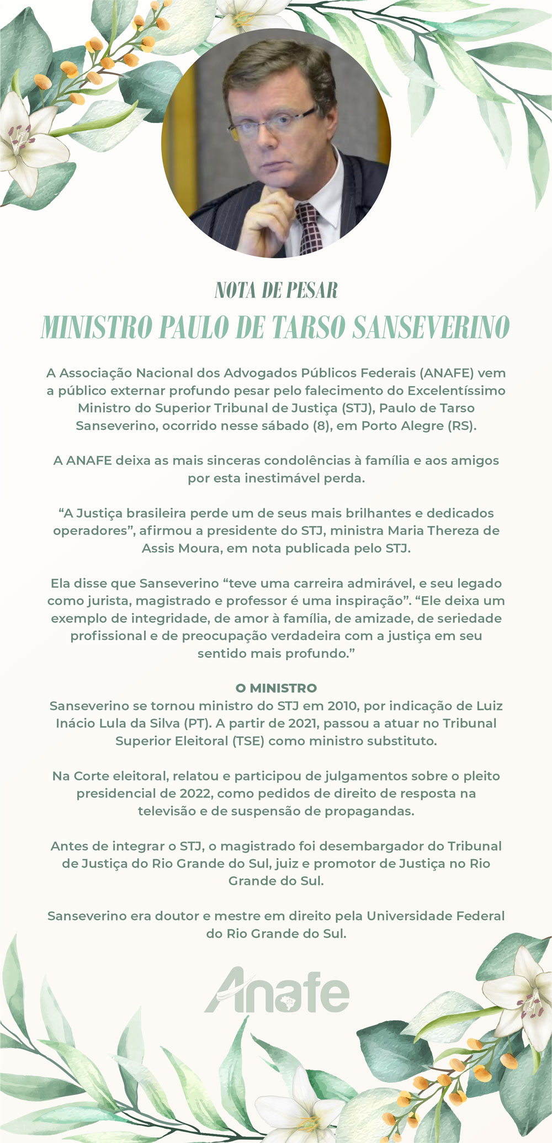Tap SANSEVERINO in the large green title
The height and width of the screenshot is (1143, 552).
click(x=431, y=327)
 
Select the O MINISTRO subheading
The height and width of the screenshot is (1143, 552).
click(x=276, y=688)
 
